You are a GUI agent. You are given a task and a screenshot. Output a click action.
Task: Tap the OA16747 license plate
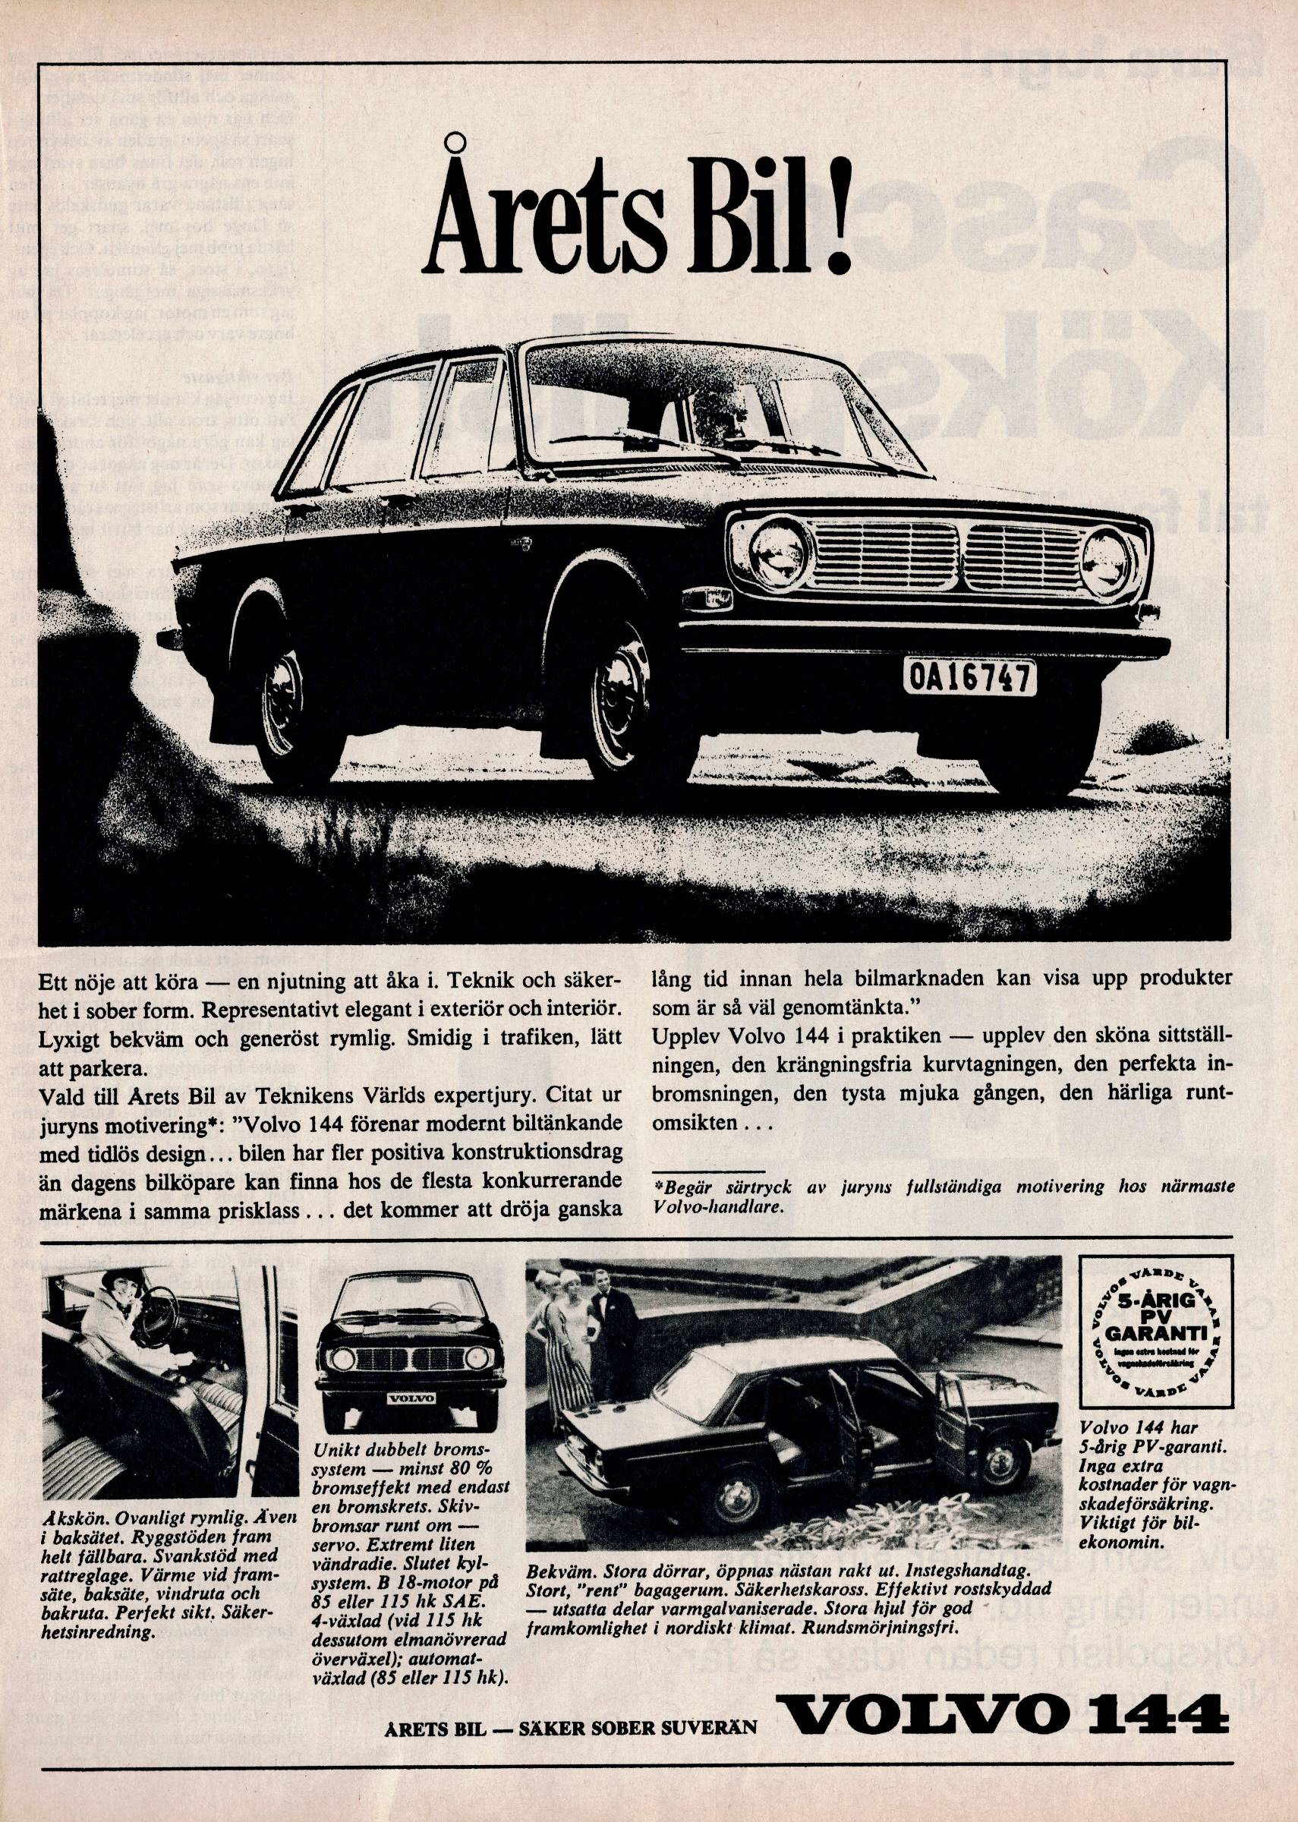[x=969, y=678]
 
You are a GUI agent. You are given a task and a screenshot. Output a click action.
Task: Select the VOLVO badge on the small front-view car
[x=411, y=1399]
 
